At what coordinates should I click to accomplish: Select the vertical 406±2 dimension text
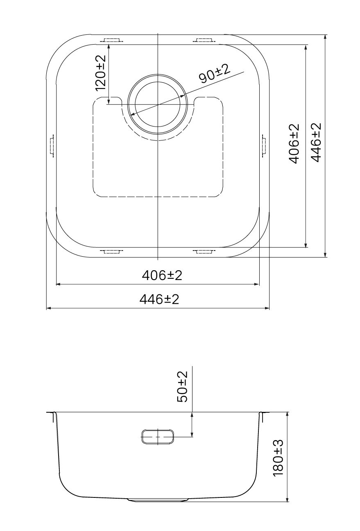pyautogui.click(x=294, y=143)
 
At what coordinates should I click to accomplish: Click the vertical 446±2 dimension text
pyautogui.click(x=316, y=142)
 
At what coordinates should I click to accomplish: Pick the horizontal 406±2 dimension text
pyautogui.click(x=162, y=276)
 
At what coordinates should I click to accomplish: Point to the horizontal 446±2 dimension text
pyautogui.click(x=159, y=299)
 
